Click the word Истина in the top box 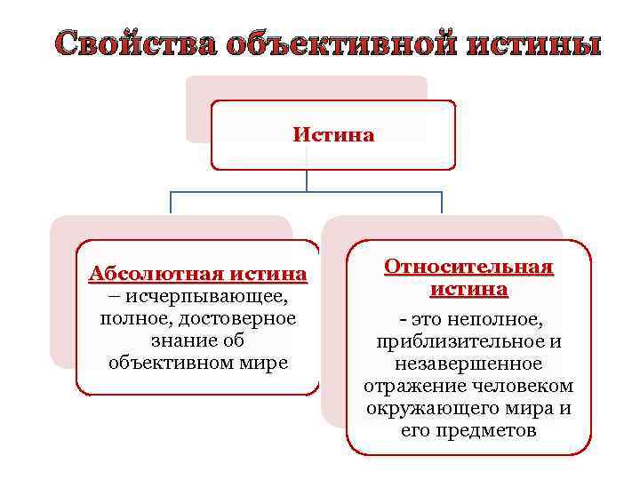[333, 135]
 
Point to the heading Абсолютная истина [197, 273]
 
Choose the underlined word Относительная [468, 267]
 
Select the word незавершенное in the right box [468, 364]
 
